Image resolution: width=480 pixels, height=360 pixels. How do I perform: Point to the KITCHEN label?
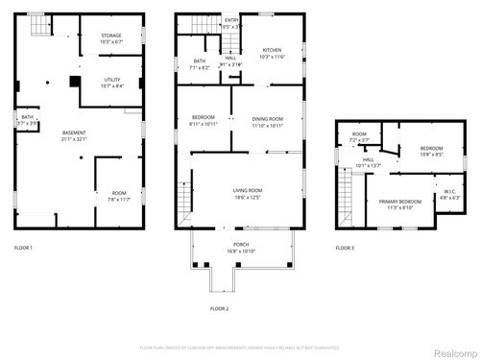point(273,50)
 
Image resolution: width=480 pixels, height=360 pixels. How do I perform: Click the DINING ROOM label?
point(268,118)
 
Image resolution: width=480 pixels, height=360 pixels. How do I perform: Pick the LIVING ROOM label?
point(248,191)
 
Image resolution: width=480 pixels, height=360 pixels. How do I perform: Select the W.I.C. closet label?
point(448,191)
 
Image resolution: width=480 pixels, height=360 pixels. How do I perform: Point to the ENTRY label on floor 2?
point(231,19)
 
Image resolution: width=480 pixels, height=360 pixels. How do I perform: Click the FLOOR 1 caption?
point(23,249)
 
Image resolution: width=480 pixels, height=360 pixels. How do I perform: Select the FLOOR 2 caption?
point(219,308)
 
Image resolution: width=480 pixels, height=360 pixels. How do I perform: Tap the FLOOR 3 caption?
point(344,249)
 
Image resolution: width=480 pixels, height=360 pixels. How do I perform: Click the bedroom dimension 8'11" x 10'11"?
point(203,124)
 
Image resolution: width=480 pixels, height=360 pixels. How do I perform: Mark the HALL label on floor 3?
point(369,160)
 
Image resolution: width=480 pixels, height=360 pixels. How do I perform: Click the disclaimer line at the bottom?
point(239,347)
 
